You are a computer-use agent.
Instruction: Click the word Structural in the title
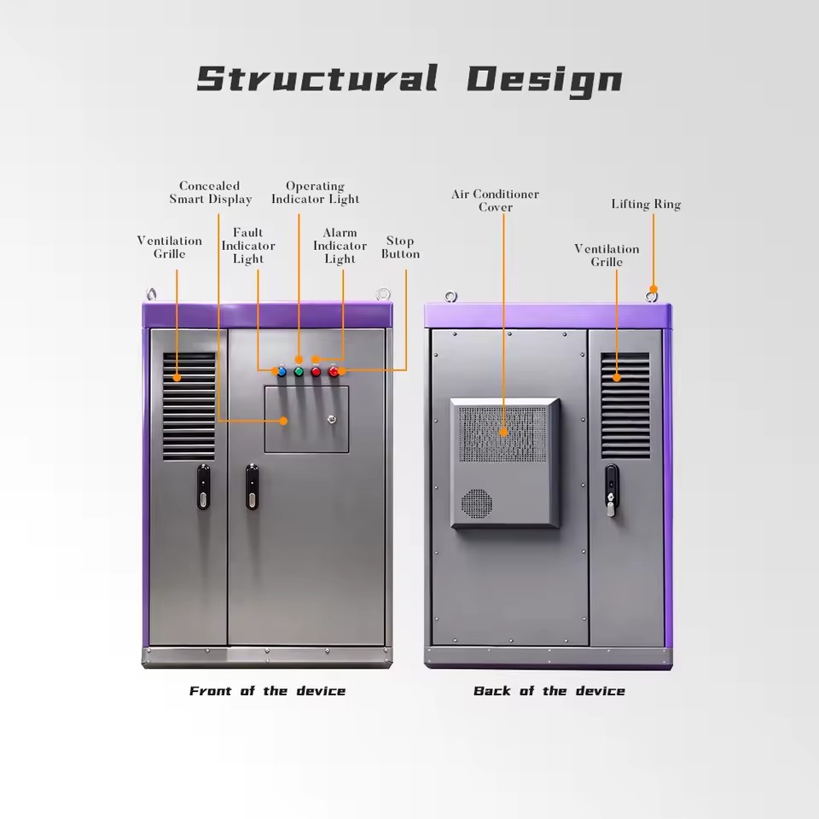(x=317, y=78)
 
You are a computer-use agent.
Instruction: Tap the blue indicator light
(x=282, y=372)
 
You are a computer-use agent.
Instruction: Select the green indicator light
(x=299, y=372)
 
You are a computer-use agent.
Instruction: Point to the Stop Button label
(x=400, y=247)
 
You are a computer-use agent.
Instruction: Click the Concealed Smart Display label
(x=210, y=192)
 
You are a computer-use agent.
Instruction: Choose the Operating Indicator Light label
(x=315, y=192)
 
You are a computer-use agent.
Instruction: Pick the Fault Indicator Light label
(x=248, y=246)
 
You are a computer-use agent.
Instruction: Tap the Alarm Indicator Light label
(x=340, y=246)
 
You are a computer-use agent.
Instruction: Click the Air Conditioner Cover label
(x=495, y=200)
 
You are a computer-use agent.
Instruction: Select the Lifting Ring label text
(x=646, y=204)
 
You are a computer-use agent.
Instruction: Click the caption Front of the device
(x=267, y=691)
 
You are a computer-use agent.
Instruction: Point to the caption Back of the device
(x=549, y=691)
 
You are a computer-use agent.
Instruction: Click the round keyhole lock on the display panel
(x=331, y=419)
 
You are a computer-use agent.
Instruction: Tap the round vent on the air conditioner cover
(x=476, y=503)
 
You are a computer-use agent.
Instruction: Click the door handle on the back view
(x=612, y=490)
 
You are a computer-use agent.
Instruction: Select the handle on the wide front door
(x=252, y=487)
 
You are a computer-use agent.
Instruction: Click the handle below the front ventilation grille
(x=203, y=487)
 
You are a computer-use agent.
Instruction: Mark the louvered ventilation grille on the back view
(x=625, y=405)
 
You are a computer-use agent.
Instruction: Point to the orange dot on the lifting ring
(x=653, y=289)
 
